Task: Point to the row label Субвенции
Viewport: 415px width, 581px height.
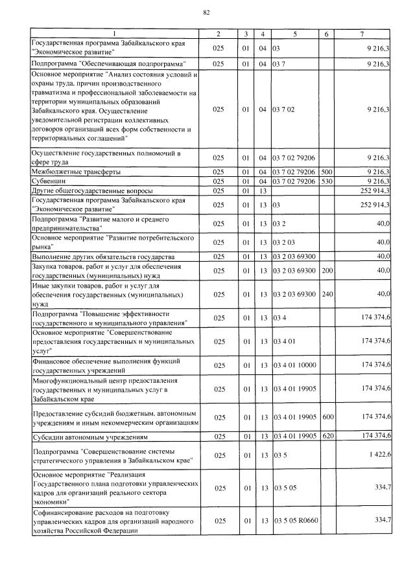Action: point(51,181)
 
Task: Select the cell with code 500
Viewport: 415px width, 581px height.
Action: point(327,172)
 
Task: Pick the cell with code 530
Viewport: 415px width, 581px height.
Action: point(327,181)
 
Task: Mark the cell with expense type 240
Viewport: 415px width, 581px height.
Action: point(327,294)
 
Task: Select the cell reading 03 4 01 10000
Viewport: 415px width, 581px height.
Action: point(294,365)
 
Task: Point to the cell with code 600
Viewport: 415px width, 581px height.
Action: point(327,416)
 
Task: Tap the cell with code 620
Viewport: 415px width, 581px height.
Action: point(327,435)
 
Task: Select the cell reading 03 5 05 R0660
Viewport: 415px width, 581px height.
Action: point(295,520)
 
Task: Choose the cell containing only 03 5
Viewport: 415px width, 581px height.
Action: point(280,455)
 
